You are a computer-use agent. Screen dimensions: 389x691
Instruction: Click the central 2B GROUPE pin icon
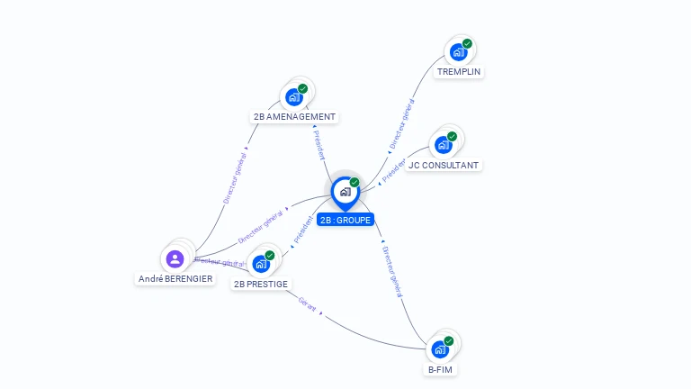pyautogui.click(x=345, y=192)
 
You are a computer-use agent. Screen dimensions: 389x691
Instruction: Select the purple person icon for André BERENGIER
pyautogui.click(x=175, y=259)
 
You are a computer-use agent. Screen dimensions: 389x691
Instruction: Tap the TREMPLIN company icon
pyautogui.click(x=459, y=52)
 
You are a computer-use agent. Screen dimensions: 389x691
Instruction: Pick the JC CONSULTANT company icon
pyautogui.click(x=443, y=145)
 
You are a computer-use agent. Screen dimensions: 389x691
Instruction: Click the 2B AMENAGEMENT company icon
pyautogui.click(x=294, y=96)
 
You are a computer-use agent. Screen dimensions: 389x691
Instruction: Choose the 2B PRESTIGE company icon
pyautogui.click(x=261, y=264)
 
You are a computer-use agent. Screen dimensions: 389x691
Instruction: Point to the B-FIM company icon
pyautogui.click(x=440, y=348)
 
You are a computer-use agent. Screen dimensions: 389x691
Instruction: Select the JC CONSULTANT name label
pyautogui.click(x=444, y=166)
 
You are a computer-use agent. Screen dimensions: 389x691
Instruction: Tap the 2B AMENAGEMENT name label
pyautogui.click(x=294, y=117)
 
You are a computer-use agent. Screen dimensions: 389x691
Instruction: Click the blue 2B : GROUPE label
pyautogui.click(x=345, y=220)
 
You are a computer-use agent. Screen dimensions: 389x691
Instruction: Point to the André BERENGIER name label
pyautogui.click(x=175, y=279)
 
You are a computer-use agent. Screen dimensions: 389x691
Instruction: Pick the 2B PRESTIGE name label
pyautogui.click(x=261, y=285)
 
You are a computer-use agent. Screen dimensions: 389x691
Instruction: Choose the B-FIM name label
pyautogui.click(x=440, y=369)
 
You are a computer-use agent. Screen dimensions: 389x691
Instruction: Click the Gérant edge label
pyautogui.click(x=308, y=306)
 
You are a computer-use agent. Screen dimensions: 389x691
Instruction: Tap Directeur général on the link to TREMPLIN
pyautogui.click(x=400, y=125)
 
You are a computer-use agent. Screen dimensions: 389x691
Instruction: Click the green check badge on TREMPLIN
pyautogui.click(x=467, y=44)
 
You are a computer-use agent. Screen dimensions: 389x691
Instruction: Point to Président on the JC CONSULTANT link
pyautogui.click(x=394, y=171)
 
